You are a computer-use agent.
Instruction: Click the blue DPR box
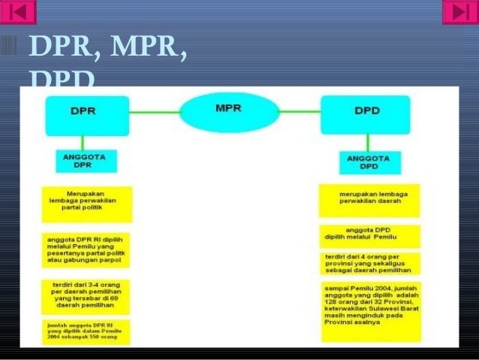[x=86, y=115]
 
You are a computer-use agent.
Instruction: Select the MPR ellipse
[x=227, y=112]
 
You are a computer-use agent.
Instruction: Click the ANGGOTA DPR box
[x=84, y=161]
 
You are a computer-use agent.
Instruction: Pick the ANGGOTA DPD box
[x=369, y=162]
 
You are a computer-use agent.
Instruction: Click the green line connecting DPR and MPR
[x=154, y=113]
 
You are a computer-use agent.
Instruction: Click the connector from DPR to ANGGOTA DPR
[x=83, y=143]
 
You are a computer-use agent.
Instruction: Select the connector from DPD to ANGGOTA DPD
[x=368, y=143]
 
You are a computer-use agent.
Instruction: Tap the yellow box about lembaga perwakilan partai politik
[x=87, y=204]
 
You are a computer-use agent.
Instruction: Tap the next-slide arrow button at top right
[x=459, y=12]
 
